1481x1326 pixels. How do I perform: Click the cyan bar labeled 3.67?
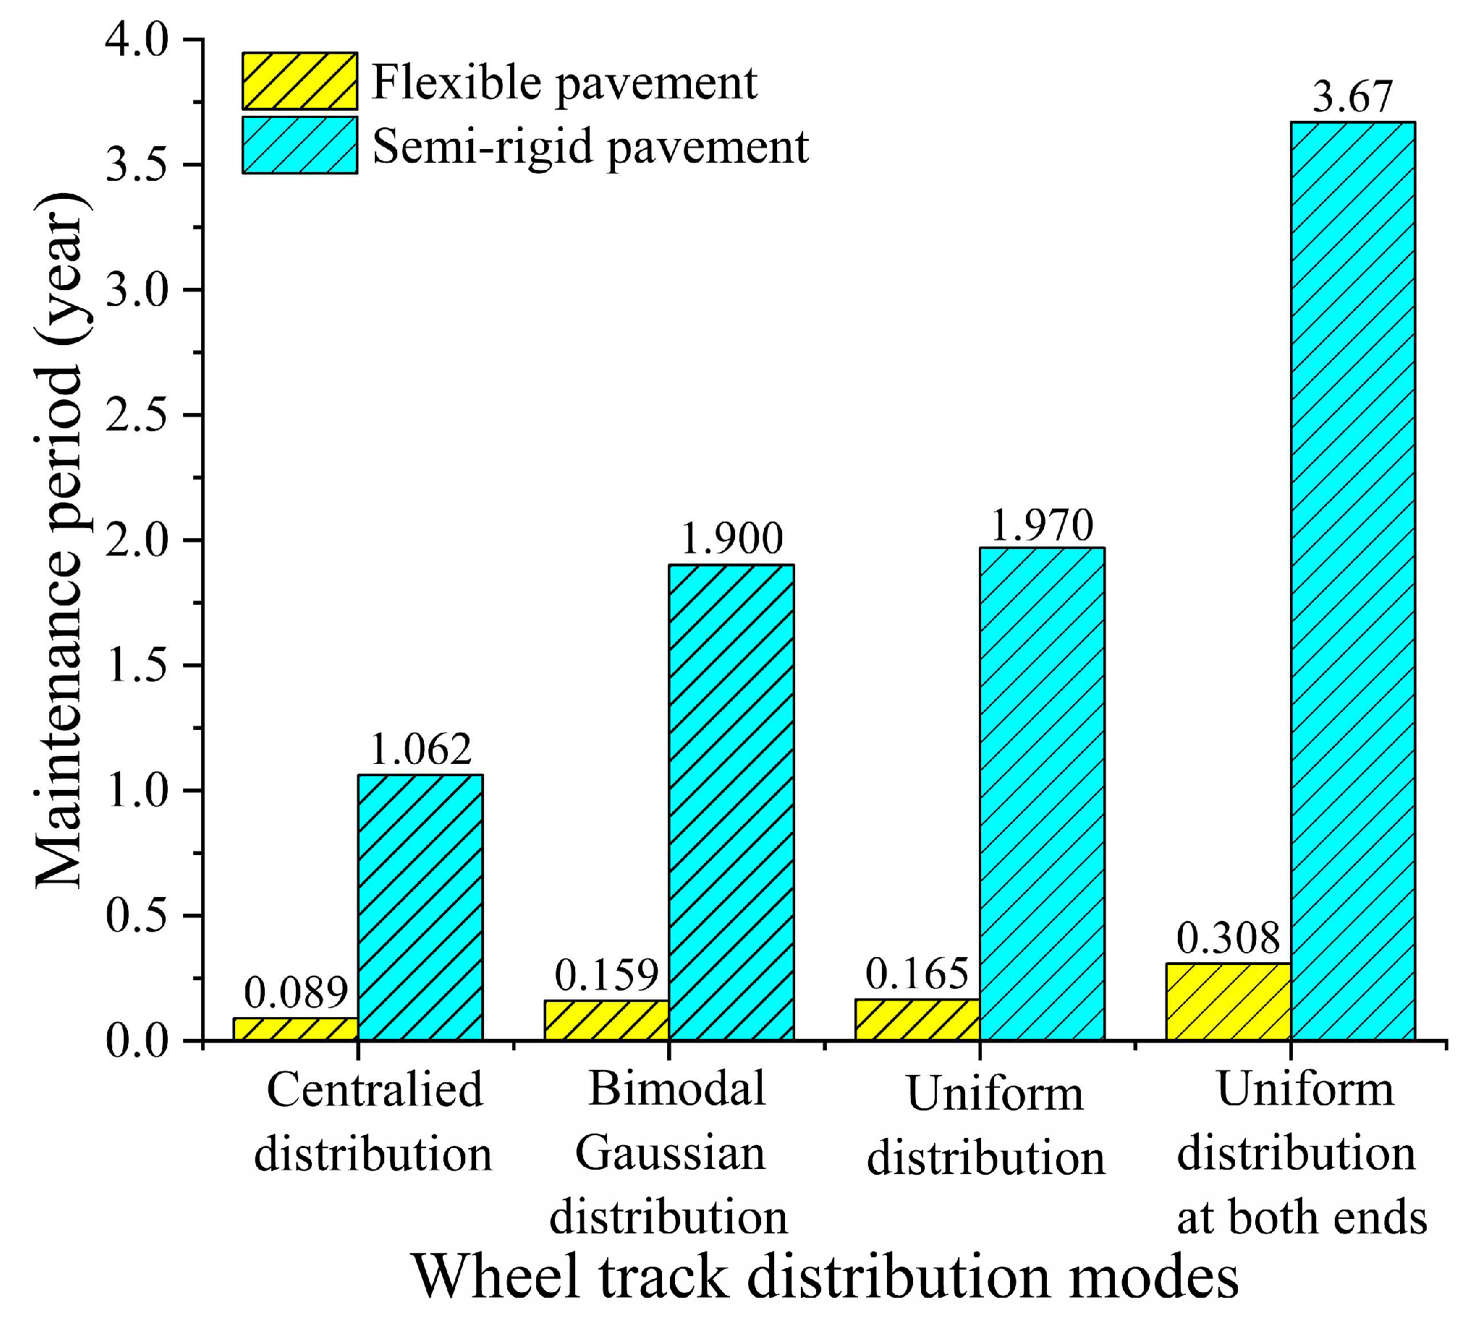point(1353,583)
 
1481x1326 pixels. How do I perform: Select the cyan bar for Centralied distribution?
point(420,907)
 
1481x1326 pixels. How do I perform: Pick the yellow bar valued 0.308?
point(1228,1002)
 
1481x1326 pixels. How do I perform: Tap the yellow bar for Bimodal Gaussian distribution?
point(606,1020)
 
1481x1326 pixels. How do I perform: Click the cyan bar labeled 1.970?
point(1042,794)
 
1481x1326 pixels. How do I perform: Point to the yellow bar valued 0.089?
point(295,1029)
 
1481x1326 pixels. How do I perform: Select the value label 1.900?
point(731,538)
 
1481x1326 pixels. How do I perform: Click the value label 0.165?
point(917,974)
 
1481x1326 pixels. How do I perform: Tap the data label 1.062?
point(420,748)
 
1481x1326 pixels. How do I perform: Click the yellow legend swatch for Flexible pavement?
point(300,81)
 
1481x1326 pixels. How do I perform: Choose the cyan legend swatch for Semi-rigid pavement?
point(300,145)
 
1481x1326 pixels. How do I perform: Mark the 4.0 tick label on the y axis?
point(137,40)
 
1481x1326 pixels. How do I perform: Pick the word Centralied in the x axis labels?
point(375,1090)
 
